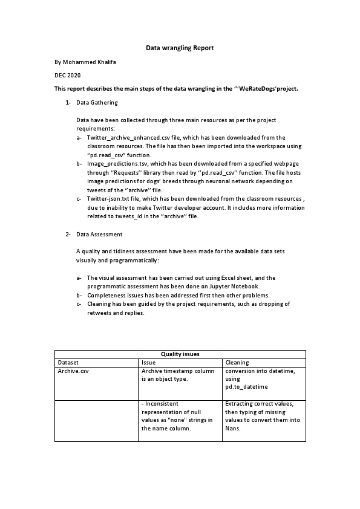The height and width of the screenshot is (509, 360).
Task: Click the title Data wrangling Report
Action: click(180, 47)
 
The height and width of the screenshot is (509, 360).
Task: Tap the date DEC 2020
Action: click(67, 75)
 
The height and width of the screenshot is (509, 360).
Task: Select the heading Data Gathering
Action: click(97, 103)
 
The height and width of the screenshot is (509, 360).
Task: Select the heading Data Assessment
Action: click(99, 233)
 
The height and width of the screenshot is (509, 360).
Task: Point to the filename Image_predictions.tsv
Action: click(116, 164)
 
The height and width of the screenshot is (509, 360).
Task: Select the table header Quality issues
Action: click(180, 354)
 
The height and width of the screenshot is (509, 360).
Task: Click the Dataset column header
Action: click(68, 362)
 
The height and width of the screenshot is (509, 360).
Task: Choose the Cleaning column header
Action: click(237, 362)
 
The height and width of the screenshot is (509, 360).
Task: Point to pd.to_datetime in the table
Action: click(246, 386)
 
